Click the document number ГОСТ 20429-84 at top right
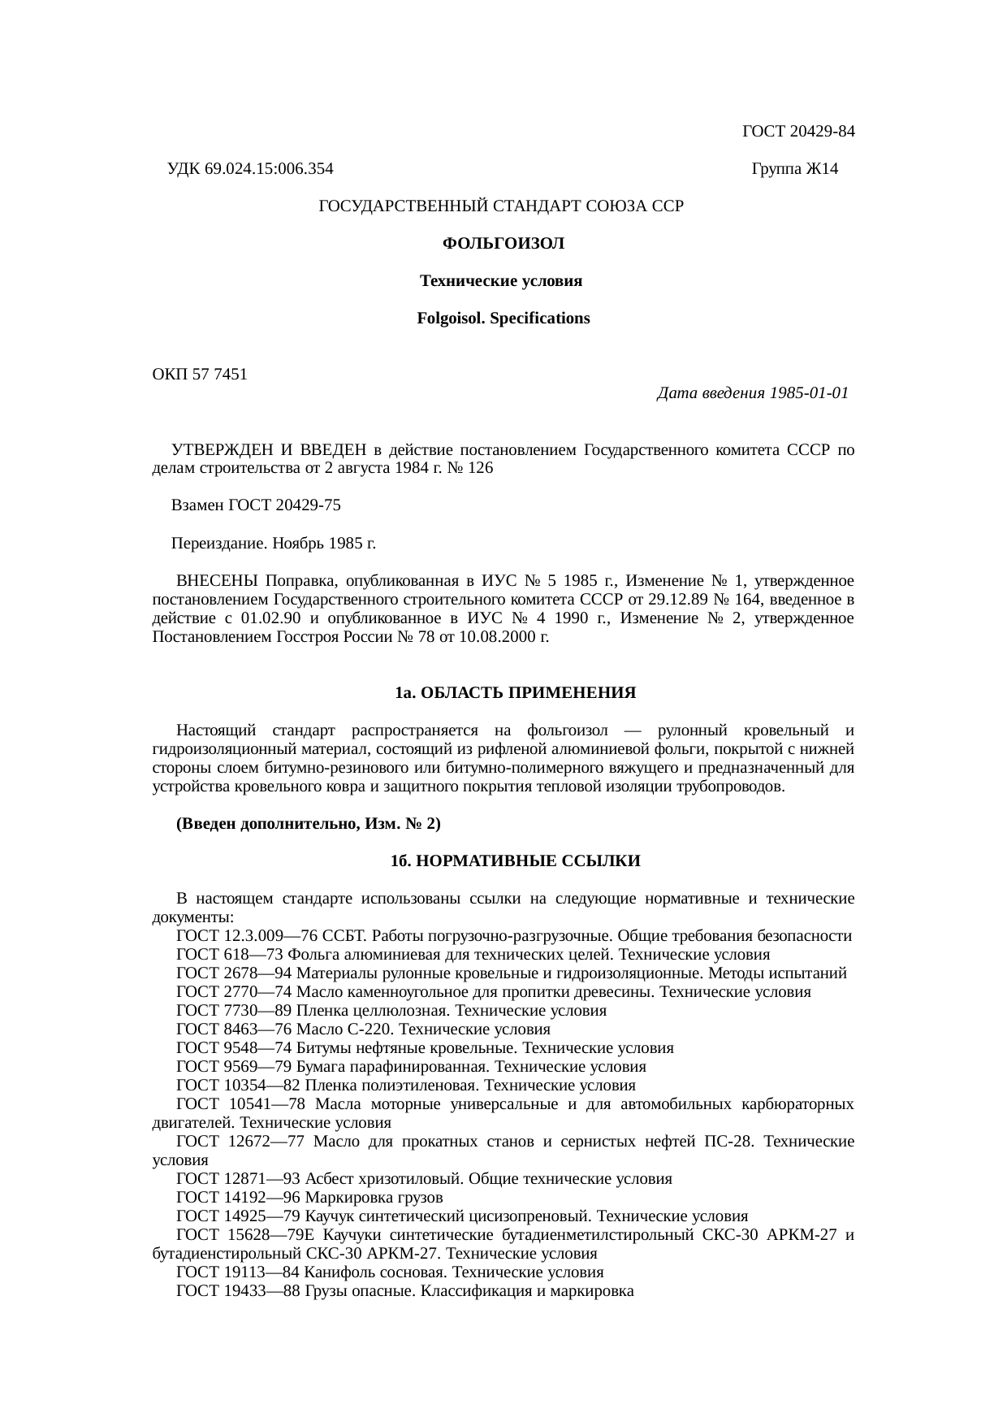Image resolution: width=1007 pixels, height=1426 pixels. [798, 132]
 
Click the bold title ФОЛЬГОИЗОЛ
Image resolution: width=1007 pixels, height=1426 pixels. [503, 244]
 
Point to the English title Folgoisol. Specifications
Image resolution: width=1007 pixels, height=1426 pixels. [503, 319]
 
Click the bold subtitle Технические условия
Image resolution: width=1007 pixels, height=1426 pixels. [501, 281]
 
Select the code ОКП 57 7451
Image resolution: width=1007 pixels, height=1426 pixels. [200, 375]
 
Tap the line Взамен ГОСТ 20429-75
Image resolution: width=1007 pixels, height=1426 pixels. [256, 505]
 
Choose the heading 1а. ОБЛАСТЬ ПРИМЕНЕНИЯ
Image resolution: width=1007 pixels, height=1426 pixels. [514, 693]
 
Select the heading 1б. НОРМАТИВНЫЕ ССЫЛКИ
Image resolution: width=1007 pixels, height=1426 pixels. [515, 861]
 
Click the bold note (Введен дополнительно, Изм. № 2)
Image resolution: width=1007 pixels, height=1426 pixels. [309, 824]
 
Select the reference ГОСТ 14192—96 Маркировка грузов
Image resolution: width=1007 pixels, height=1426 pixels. [309, 1198]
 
